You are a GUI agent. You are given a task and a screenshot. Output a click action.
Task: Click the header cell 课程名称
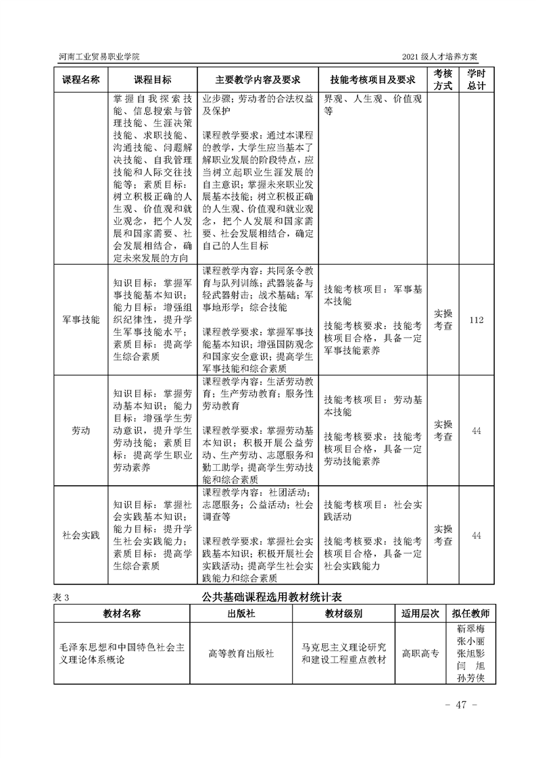point(81,79)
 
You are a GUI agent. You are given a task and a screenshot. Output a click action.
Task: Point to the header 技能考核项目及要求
point(371,79)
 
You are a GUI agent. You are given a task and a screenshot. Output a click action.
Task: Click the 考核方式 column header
point(443,79)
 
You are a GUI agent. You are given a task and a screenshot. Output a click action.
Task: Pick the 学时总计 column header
point(476,79)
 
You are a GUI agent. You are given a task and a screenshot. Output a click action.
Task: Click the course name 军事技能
point(81,319)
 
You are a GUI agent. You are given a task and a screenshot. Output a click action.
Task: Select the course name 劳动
point(81,430)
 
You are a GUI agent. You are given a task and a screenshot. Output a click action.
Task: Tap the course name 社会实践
point(81,535)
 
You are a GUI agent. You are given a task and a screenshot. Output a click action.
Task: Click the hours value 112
point(476,319)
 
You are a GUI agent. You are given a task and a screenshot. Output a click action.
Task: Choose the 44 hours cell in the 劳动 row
point(476,430)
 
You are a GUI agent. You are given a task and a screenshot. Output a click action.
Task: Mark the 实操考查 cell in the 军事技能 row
point(443,319)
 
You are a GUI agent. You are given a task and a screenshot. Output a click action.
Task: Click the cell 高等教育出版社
point(241,653)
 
